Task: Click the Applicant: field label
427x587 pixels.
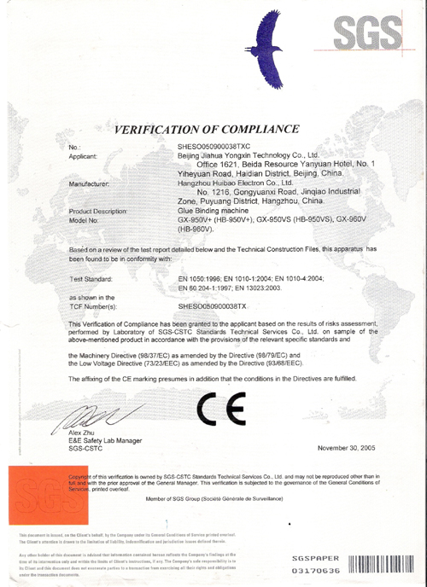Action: coord(86,156)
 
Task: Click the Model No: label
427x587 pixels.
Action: coord(85,219)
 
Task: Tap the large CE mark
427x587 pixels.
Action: coord(221,413)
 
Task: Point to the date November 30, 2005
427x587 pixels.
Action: coord(348,448)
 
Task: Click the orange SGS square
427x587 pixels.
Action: coord(35,494)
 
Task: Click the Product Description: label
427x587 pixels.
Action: coord(97,210)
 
